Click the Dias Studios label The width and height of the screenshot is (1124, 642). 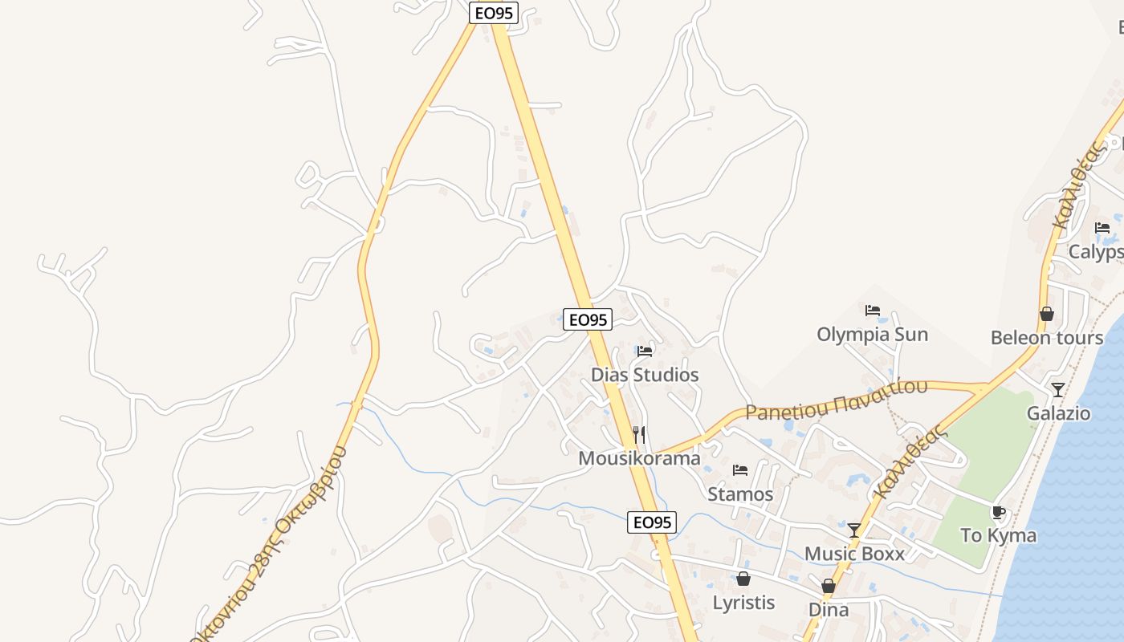point(645,375)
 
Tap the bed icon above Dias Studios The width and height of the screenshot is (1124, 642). point(645,351)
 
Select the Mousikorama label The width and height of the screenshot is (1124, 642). point(639,458)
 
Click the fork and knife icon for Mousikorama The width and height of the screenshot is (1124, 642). point(639,435)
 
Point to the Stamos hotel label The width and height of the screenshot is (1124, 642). point(740,494)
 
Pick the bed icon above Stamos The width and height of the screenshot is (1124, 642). point(740,469)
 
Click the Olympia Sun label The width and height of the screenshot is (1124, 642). point(872,334)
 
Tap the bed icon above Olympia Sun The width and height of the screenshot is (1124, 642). point(873,311)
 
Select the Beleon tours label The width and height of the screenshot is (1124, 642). point(1046,338)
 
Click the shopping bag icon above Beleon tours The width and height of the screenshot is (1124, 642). point(1046,314)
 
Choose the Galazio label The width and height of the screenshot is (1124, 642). point(1058,413)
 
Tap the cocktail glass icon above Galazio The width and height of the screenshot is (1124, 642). point(1058,390)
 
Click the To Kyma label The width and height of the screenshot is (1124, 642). point(998,535)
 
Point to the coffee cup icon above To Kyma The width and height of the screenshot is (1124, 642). point(998,512)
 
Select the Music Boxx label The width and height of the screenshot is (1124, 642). point(854,554)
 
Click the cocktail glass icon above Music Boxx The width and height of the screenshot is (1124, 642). point(854,530)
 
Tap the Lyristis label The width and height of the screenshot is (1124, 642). point(743,602)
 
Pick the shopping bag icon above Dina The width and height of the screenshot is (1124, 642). point(829,587)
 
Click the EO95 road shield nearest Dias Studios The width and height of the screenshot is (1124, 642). point(588,319)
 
